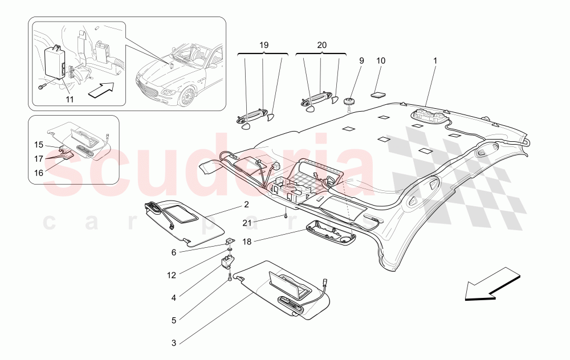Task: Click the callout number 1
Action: pyautogui.click(x=435, y=60)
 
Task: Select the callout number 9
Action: pyautogui.click(x=361, y=60)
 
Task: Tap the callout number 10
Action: pyautogui.click(x=381, y=60)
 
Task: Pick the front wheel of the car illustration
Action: pyautogui.click(x=186, y=97)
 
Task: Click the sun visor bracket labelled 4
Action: pyautogui.click(x=228, y=261)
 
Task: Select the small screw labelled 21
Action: pyautogui.click(x=284, y=216)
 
